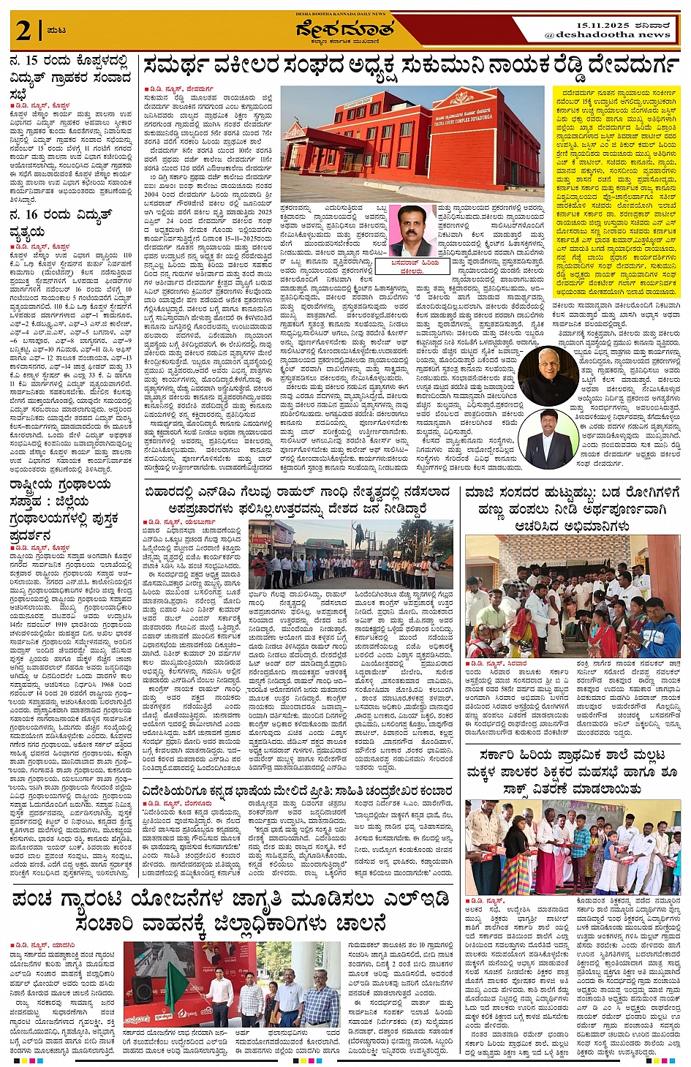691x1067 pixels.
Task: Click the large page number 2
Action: [x=23, y=31]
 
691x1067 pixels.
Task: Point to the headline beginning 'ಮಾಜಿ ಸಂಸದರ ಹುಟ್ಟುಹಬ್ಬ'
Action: [x=572, y=508]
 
